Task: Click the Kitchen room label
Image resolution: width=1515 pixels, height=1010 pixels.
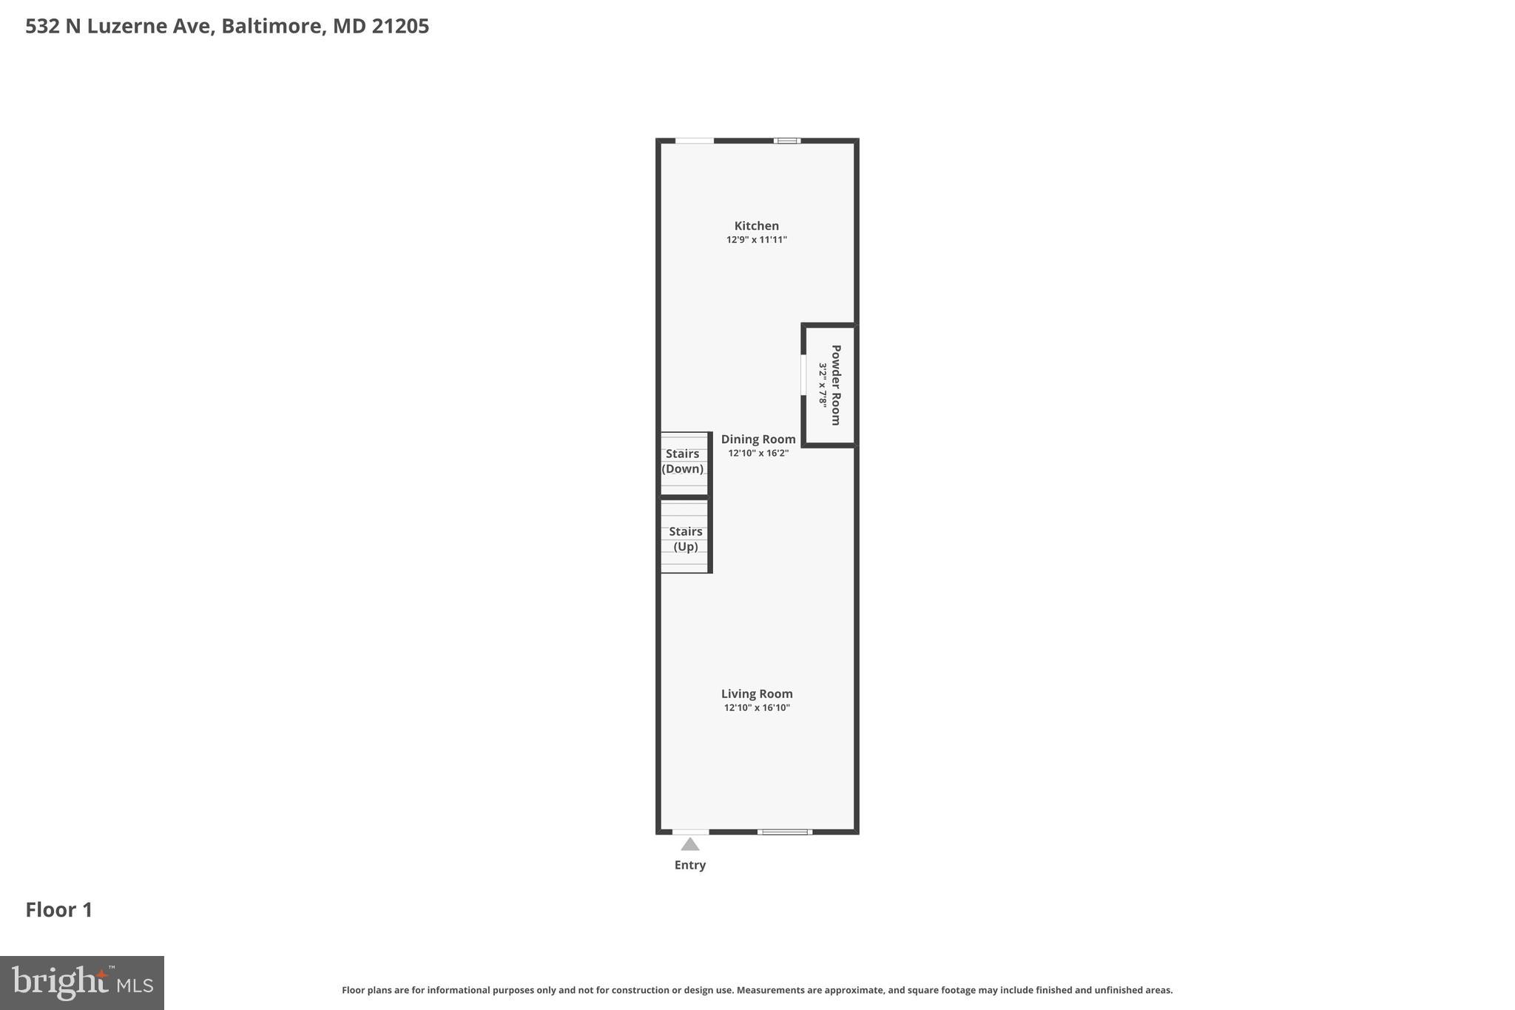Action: [756, 226]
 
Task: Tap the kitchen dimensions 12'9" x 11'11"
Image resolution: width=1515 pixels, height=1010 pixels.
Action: [756, 240]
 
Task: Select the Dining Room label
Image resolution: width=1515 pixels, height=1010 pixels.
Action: [758, 439]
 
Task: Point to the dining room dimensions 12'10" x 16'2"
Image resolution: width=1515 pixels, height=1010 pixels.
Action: [758, 453]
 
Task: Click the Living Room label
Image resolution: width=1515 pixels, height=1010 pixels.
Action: [757, 693]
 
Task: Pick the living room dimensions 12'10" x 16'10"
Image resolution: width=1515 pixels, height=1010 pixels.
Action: [757, 707]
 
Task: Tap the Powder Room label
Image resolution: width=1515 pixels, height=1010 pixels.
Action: [836, 385]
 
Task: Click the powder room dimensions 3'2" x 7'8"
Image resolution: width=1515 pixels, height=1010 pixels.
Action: [823, 385]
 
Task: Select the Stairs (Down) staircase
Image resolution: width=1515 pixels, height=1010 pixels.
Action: [684, 463]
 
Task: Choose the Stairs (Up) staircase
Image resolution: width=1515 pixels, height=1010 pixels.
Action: [685, 537]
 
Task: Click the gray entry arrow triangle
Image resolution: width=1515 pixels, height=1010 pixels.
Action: [690, 844]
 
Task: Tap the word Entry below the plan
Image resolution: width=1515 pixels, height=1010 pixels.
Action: [690, 865]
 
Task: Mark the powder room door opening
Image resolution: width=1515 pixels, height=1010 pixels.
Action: [804, 375]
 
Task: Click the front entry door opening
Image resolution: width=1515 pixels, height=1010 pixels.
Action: [690, 832]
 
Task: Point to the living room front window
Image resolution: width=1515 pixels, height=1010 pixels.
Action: [785, 832]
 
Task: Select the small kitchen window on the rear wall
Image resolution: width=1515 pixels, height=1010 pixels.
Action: [787, 141]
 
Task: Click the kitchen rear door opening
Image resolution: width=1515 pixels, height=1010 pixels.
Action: [695, 141]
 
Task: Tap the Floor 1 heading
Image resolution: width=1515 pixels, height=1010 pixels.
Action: [59, 909]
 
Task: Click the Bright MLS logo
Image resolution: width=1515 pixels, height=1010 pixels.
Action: [82, 983]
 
